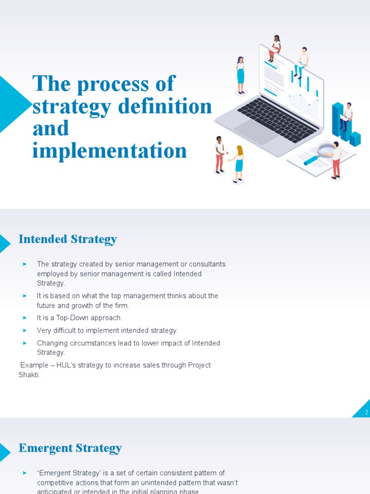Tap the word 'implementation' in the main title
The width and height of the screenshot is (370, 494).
(x=109, y=151)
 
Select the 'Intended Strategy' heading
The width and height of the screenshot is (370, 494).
(x=67, y=239)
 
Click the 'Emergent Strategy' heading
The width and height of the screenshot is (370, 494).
(x=70, y=448)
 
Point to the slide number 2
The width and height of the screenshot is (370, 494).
(x=366, y=412)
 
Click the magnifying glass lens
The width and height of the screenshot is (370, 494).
(x=326, y=150)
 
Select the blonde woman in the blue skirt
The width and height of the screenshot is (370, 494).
(x=238, y=164)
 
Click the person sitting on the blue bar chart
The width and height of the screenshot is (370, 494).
(x=346, y=116)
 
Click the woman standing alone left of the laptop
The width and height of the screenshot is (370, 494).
(x=240, y=75)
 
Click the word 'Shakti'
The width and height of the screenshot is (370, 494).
(x=28, y=375)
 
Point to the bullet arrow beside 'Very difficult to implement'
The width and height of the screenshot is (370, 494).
(x=25, y=330)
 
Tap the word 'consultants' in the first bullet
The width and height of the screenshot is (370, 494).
(x=207, y=264)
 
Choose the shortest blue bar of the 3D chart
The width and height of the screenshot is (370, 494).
(x=355, y=139)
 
